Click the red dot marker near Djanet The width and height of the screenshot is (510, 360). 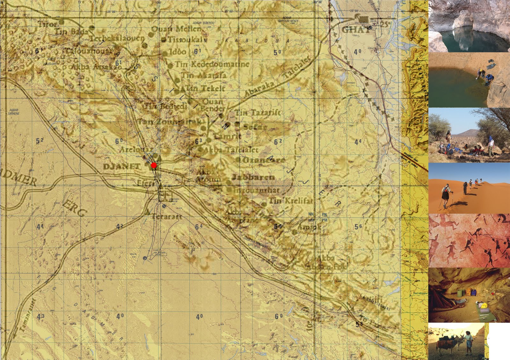click(154, 165)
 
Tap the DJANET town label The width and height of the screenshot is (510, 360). click(121, 166)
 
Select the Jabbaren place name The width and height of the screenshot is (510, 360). click(253, 177)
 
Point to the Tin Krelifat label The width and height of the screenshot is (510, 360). click(291, 201)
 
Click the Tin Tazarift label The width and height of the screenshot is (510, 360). click(258, 113)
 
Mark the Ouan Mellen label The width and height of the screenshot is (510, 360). click(176, 29)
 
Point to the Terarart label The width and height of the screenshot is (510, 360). click(163, 217)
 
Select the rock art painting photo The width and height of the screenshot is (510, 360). click(469, 240)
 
